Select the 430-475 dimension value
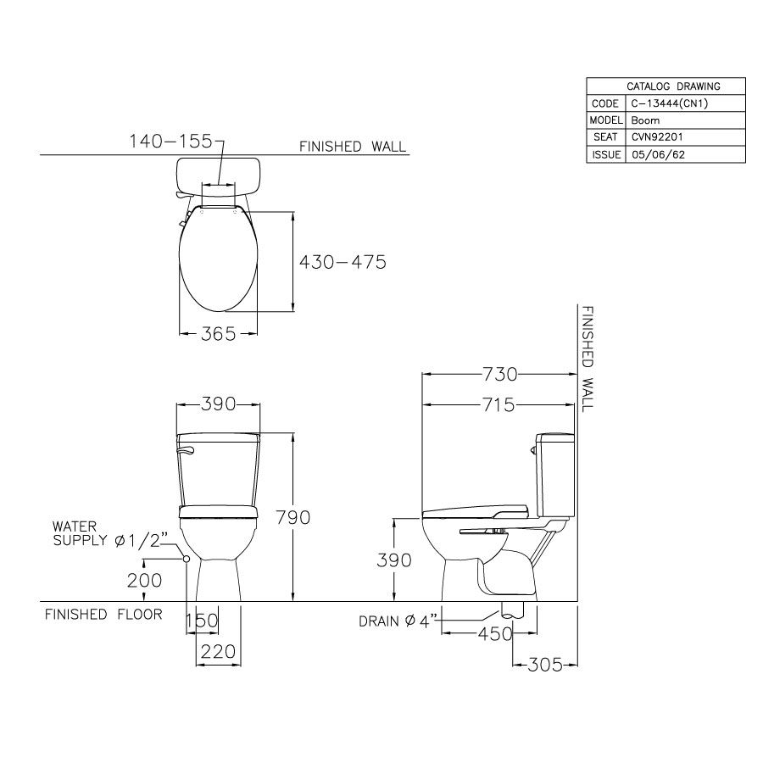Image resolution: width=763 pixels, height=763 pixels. point(343,262)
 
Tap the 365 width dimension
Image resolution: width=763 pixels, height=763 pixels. point(219,334)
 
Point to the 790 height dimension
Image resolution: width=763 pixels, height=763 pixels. point(292,516)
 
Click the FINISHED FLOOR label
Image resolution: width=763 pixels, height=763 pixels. point(103,614)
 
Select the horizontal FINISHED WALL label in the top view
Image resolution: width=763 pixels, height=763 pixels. point(353,147)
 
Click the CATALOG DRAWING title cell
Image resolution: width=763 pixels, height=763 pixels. point(672,86)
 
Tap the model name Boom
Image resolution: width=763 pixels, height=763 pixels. point(645,120)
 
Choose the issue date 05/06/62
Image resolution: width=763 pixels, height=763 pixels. point(654,155)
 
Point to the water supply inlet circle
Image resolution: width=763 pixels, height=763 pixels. point(185,559)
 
